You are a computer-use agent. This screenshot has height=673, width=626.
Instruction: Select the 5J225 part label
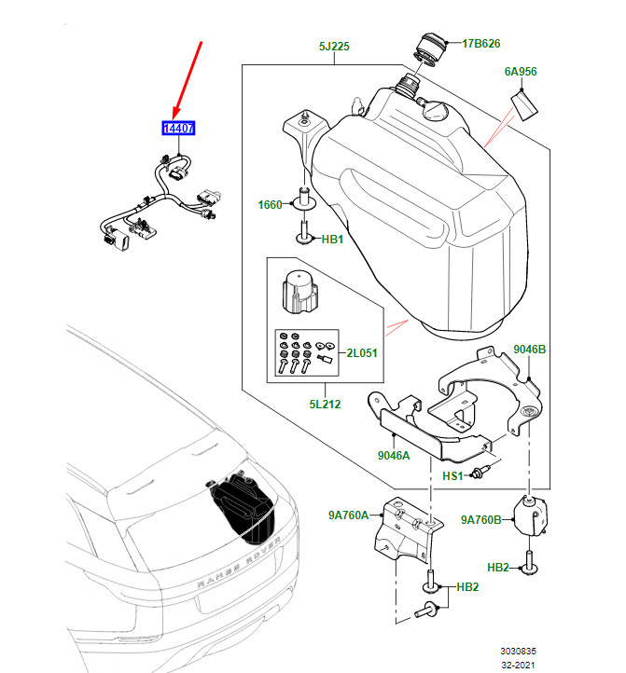[x=333, y=46]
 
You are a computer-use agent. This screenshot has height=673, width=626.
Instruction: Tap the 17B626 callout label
[x=481, y=43]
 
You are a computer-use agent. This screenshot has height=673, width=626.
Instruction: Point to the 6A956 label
[x=522, y=71]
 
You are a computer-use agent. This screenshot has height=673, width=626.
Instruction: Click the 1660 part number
[x=270, y=204]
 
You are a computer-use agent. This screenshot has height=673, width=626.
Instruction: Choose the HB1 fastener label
[x=333, y=240]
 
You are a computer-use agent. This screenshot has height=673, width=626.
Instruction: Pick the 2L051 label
[x=363, y=353]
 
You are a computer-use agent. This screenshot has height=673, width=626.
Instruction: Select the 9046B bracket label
[x=529, y=350]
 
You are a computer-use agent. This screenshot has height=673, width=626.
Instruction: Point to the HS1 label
[x=452, y=476]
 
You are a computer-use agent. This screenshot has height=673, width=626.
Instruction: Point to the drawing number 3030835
[x=517, y=651]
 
